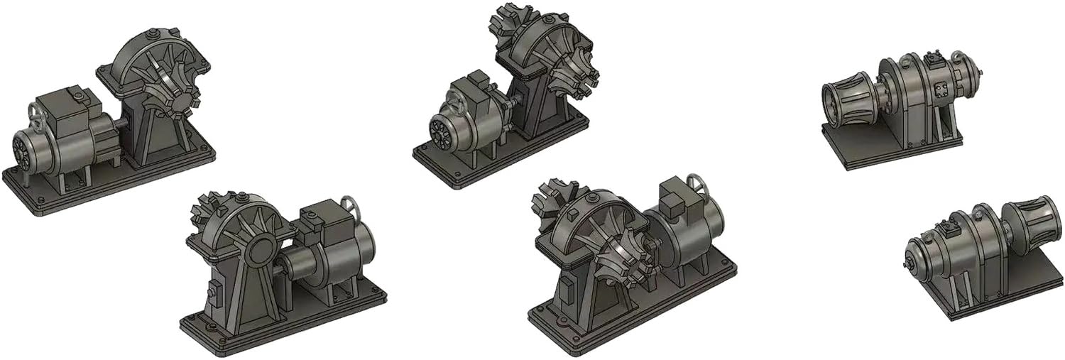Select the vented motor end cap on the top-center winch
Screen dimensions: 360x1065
click(439, 131)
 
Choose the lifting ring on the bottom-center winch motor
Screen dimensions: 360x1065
click(699, 187)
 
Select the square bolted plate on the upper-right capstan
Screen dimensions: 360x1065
click(942, 89)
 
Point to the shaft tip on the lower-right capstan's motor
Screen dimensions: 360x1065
click(909, 266)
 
